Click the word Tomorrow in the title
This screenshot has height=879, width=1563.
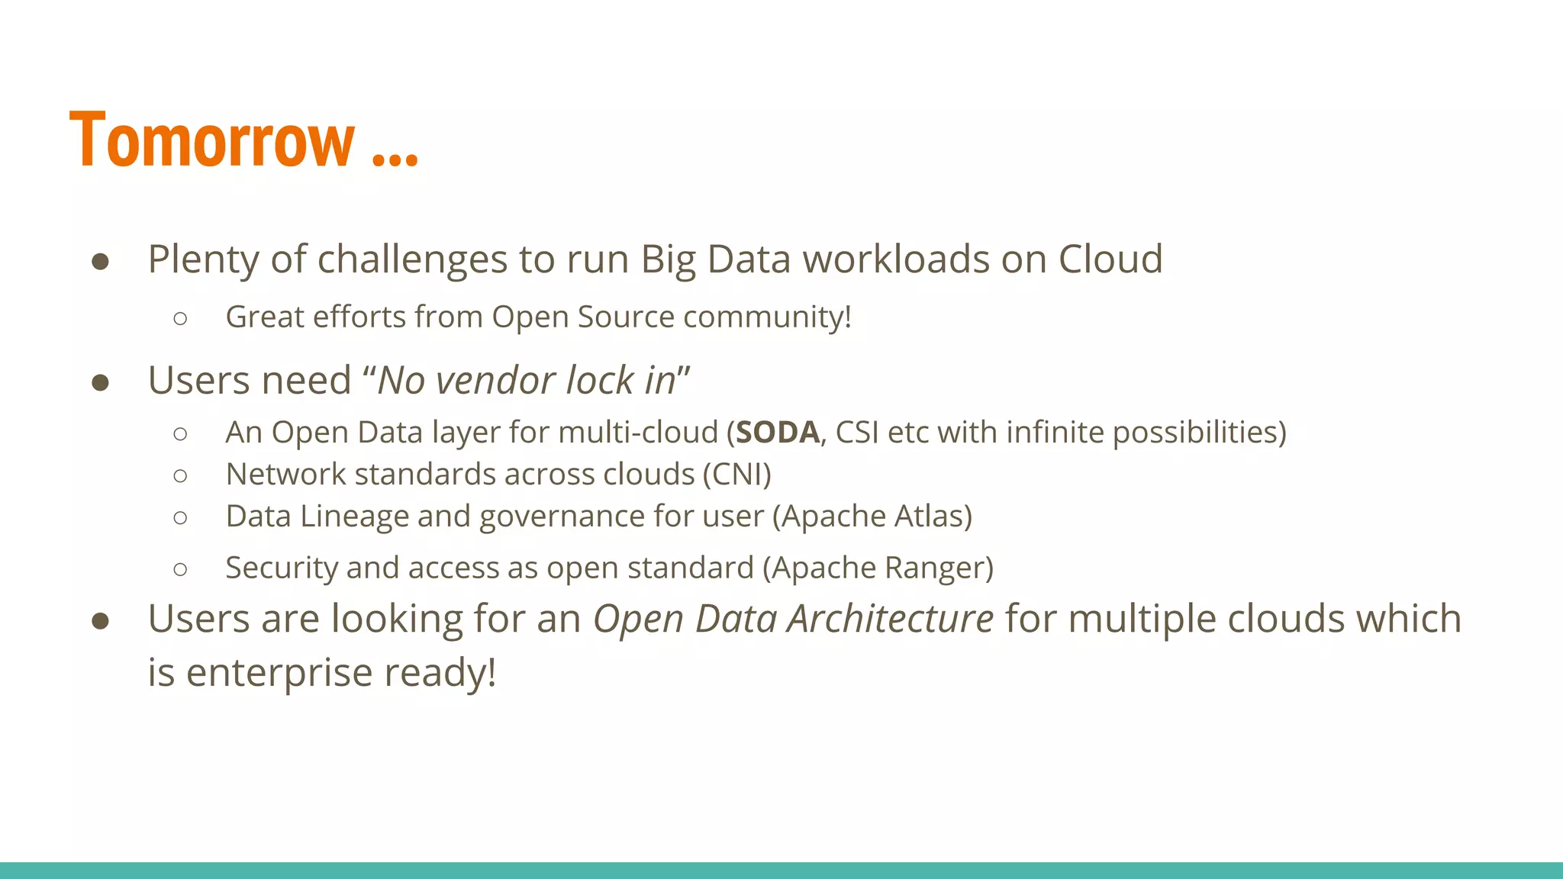212,140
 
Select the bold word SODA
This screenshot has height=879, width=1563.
778,433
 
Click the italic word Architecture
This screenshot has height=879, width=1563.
890,619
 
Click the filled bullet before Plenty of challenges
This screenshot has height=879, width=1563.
100,262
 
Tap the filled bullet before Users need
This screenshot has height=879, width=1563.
100,382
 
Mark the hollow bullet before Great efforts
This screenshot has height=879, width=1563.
180,318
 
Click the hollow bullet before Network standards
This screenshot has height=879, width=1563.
180,476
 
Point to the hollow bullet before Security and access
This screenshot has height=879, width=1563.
180,569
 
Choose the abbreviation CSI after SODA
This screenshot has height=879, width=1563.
858,433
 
